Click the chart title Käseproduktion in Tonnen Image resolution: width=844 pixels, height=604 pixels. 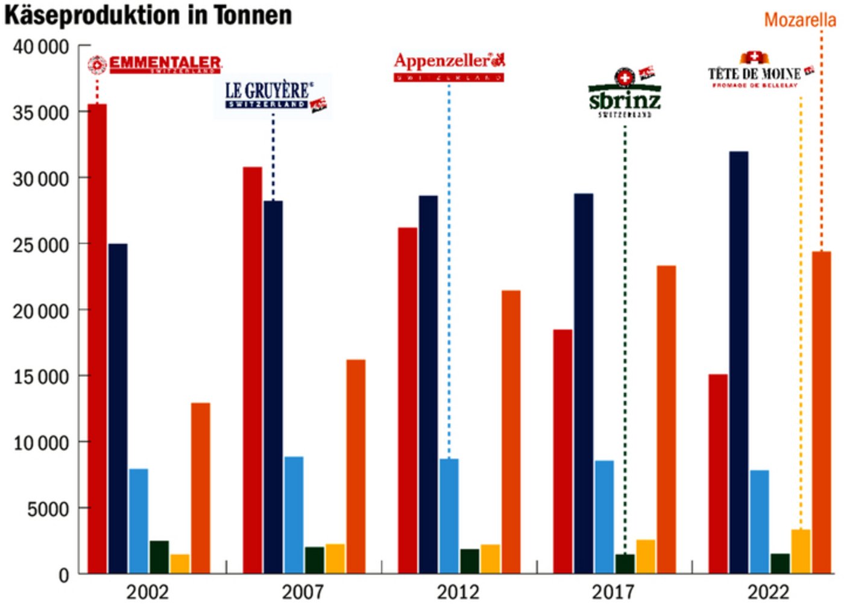[148, 14]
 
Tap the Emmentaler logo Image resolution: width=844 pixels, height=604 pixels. [155, 64]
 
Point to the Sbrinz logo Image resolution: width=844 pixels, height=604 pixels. [625, 94]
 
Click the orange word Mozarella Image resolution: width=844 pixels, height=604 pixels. [799, 20]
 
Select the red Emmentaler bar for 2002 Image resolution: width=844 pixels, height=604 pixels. [97, 338]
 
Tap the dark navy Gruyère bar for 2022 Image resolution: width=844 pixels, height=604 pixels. [738, 362]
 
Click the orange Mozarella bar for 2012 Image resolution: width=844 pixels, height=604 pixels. [511, 431]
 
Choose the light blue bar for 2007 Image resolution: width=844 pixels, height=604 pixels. [294, 515]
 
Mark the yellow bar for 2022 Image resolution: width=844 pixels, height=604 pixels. [800, 552]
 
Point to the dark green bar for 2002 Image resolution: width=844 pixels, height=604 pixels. [159, 557]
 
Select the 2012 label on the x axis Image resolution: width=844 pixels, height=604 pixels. [458, 592]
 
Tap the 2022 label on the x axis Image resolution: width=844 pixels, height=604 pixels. [768, 592]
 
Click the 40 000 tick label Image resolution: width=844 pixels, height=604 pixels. [41, 47]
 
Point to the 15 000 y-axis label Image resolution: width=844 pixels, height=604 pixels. [41, 377]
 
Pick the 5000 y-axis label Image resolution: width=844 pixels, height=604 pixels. [48, 509]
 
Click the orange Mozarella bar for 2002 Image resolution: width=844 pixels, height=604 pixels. [200, 488]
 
